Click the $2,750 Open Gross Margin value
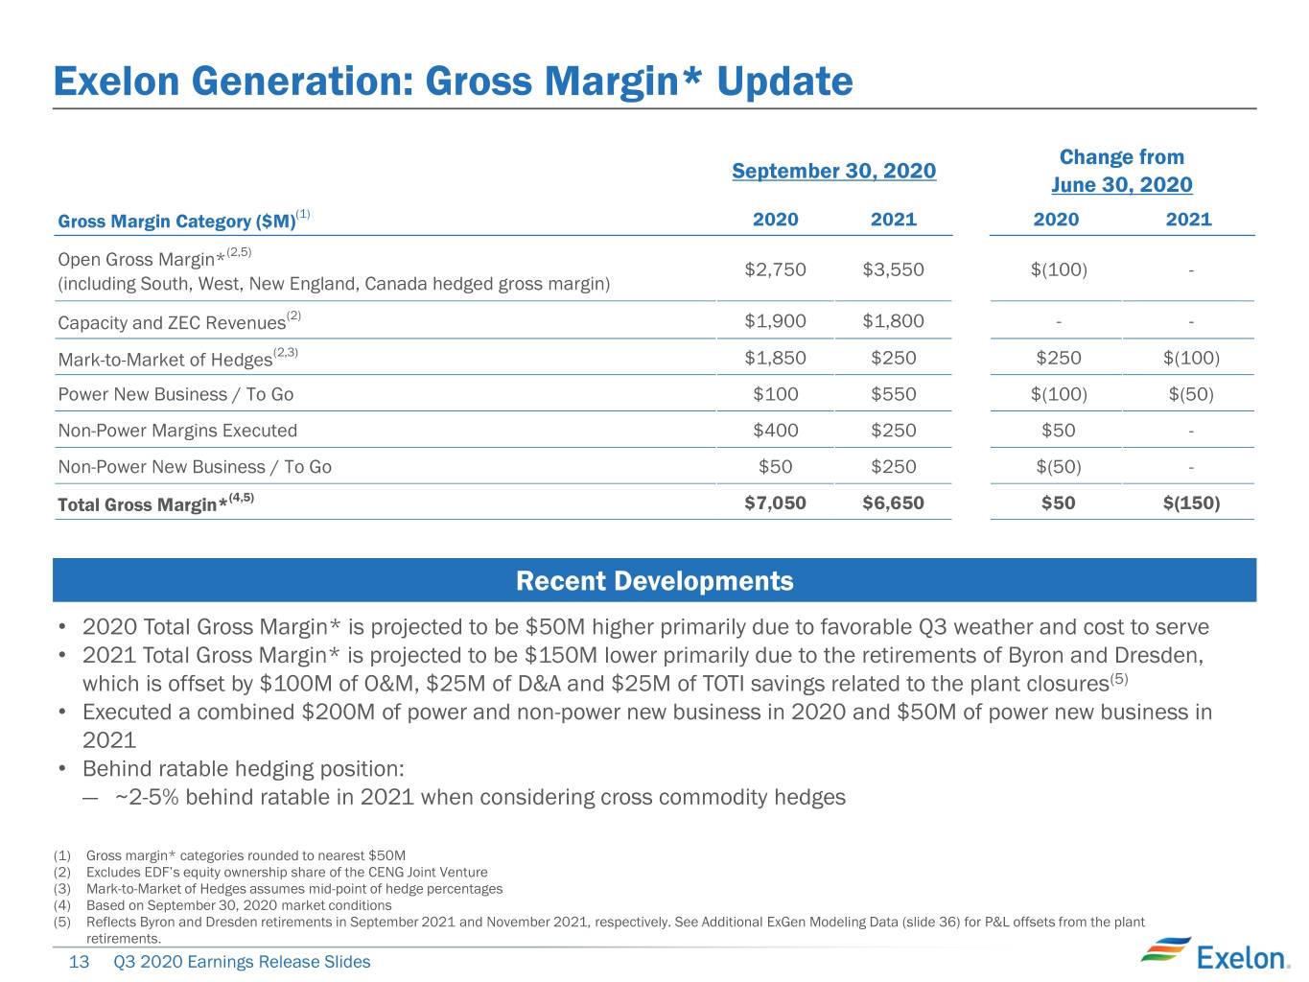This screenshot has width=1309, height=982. pyautogui.click(x=775, y=269)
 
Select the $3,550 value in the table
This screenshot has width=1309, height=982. pyautogui.click(x=893, y=269)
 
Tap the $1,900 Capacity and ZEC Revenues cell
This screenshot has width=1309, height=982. pyautogui.click(x=775, y=320)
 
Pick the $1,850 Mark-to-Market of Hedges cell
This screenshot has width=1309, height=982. pyautogui.click(x=775, y=358)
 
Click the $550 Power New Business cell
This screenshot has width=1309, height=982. pyautogui.click(x=894, y=394)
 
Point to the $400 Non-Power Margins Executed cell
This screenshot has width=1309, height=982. pyautogui.click(x=775, y=431)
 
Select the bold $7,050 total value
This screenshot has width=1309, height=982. pyautogui.click(x=775, y=503)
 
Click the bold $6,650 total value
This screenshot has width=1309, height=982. pyautogui.click(x=893, y=503)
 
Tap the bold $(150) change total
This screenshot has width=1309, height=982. pyautogui.click(x=1191, y=503)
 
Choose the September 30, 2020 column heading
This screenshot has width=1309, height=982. pyautogui.click(x=833, y=171)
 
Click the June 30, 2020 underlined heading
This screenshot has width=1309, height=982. pyautogui.click(x=1121, y=184)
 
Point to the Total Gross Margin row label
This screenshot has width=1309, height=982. pyautogui.click(x=155, y=503)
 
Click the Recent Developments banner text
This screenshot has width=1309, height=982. pyautogui.click(x=654, y=581)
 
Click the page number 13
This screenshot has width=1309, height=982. pyautogui.click(x=79, y=962)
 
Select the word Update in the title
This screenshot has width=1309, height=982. pyautogui.click(x=784, y=82)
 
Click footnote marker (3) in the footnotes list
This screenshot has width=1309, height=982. pyautogui.click(x=62, y=889)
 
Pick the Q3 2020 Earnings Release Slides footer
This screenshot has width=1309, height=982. pyautogui.click(x=242, y=962)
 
